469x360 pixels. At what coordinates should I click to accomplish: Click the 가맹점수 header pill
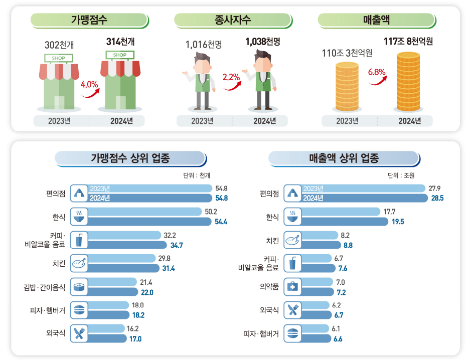(x=90, y=20)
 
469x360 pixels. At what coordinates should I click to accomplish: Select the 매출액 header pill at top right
(x=376, y=20)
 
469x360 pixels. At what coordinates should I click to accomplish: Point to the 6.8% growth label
(x=377, y=72)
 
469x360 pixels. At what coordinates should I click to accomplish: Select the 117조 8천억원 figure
(x=408, y=41)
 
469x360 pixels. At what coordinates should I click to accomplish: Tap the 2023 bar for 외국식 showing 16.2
(x=106, y=328)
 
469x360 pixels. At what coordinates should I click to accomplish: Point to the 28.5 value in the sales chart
(x=436, y=198)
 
